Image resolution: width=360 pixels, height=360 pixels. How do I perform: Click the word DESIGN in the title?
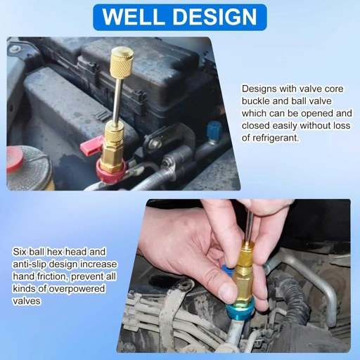coord(215,17)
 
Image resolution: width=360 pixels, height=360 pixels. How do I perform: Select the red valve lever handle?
coord(89,146)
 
